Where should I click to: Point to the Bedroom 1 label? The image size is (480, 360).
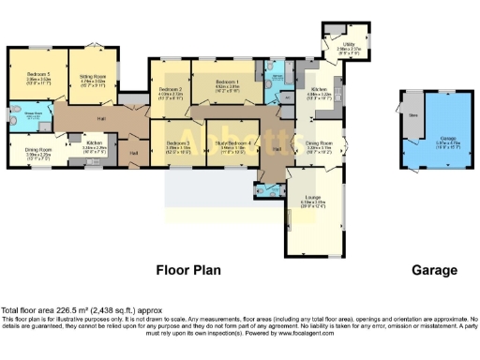[x=225, y=83]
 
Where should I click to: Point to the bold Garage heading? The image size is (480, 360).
[x=434, y=270]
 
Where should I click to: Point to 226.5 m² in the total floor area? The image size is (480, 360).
[x=57, y=310]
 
